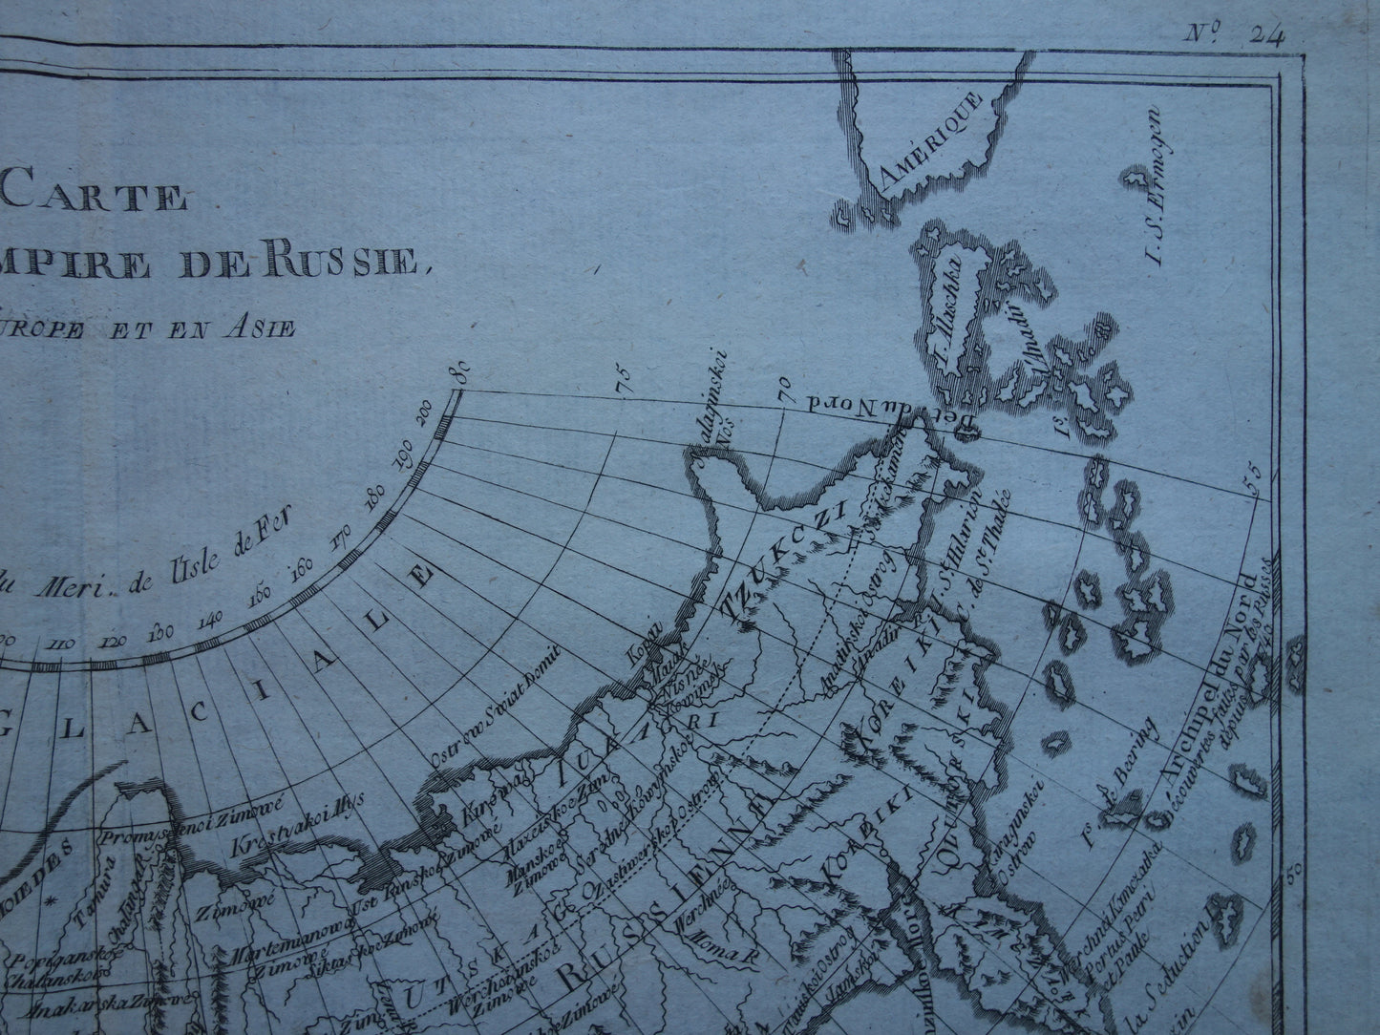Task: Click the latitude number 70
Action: pyautogui.click(x=784, y=386)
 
